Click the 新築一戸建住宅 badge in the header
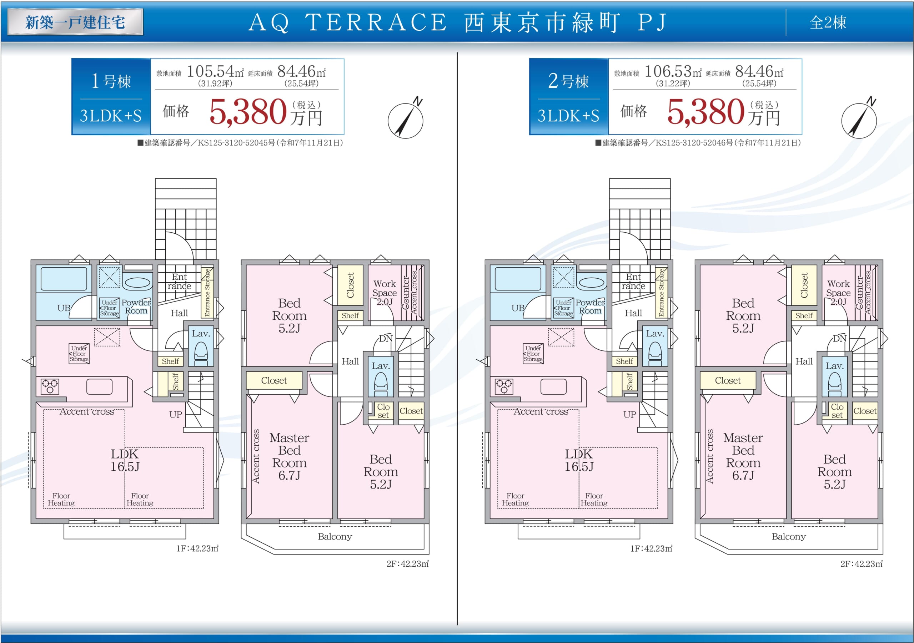click(x=75, y=22)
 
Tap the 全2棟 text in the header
click(x=828, y=22)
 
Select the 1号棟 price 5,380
click(x=248, y=112)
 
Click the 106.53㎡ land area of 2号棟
click(x=673, y=72)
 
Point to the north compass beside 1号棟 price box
click(x=406, y=120)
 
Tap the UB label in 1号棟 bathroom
click(x=64, y=308)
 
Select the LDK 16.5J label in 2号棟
click(x=579, y=460)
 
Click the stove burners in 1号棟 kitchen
click(x=50, y=386)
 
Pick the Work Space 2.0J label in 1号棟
click(x=385, y=293)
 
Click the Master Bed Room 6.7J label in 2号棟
click(x=743, y=456)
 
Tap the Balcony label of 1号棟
click(x=335, y=536)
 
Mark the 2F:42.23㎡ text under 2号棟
click(x=862, y=564)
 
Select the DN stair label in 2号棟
click(x=839, y=339)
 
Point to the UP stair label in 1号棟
click(x=176, y=415)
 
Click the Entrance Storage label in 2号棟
click(x=661, y=293)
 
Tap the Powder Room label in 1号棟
click(x=136, y=307)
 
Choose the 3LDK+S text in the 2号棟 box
click(x=568, y=116)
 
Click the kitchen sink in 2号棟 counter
click(x=553, y=386)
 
